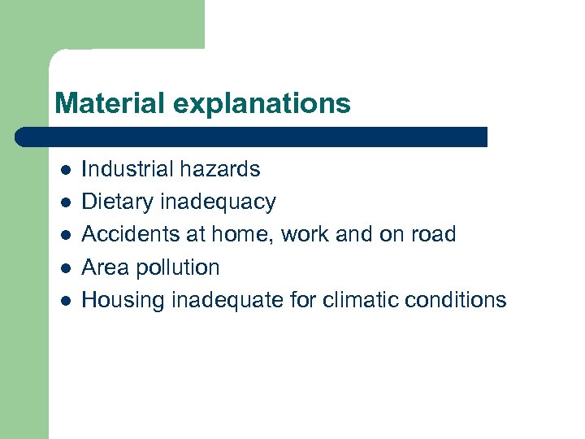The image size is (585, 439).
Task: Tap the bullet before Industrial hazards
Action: [66, 170]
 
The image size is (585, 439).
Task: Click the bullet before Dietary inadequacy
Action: [66, 202]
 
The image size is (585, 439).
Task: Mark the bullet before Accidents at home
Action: [66, 235]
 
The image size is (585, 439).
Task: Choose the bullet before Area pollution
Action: [66, 267]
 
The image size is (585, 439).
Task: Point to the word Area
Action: [106, 267]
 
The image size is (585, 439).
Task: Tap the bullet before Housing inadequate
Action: [66, 300]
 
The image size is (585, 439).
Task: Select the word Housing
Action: [123, 300]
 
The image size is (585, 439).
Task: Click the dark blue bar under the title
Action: [252, 137]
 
